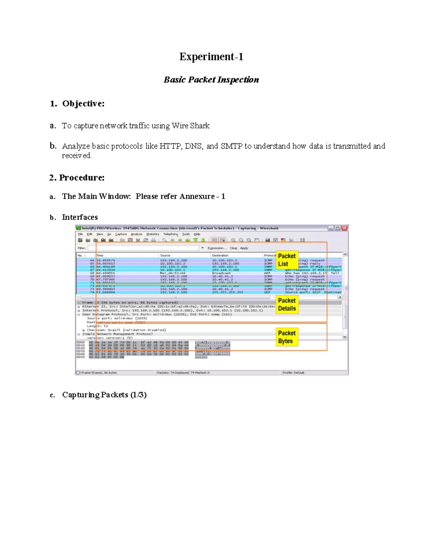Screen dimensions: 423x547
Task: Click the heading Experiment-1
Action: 211,57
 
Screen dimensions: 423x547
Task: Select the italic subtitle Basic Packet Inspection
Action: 211,80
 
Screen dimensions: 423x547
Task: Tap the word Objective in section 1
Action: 83,104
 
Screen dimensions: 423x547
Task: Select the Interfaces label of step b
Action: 80,217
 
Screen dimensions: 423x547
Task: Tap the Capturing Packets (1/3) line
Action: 104,395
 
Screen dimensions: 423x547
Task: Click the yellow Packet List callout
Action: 287,260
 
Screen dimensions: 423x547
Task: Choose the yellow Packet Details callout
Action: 287,304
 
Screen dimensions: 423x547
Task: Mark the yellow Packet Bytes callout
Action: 287,337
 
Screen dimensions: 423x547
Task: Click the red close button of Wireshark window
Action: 344,228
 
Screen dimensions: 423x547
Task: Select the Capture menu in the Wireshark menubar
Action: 121,234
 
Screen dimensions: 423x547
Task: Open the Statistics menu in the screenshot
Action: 153,234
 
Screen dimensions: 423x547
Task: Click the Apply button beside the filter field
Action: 244,248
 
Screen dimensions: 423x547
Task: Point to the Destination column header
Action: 220,255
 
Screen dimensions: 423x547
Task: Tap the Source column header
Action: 165,255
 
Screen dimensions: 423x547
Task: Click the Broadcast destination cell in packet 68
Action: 221,273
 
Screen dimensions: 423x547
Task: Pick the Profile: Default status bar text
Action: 293,373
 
